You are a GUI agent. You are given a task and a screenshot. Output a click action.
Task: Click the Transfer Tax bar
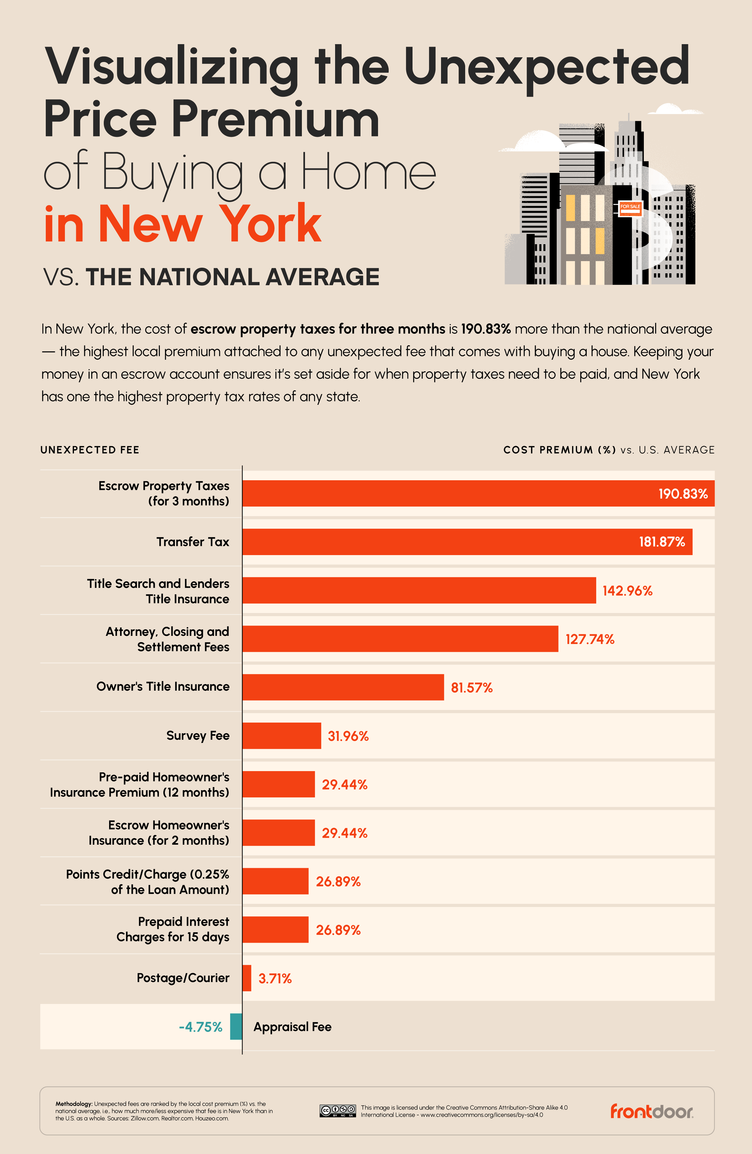pos(467,542)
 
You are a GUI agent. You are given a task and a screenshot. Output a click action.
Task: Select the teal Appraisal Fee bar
pos(236,1027)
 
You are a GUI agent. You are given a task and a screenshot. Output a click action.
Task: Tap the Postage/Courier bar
pos(247,978)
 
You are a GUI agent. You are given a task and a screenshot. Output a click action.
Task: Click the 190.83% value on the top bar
pos(683,494)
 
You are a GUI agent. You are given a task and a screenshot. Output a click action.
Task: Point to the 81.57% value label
pos(472,688)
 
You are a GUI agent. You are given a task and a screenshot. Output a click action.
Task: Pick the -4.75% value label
pos(200,1027)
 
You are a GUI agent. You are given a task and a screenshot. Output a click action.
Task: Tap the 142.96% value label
pos(627,590)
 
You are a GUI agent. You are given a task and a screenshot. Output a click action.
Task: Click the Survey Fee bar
pos(281,735)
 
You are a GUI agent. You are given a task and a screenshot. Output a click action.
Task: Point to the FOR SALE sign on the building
pos(630,208)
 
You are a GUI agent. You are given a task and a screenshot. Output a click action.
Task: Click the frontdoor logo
pos(651,1111)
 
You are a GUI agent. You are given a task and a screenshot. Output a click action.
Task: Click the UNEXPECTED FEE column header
pos(90,450)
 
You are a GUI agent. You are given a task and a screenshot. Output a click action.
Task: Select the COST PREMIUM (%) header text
pos(559,450)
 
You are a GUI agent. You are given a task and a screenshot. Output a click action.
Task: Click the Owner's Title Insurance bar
pos(343,687)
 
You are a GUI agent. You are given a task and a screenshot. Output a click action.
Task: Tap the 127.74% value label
pos(589,639)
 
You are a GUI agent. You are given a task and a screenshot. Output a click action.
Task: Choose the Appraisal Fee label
pos(292,1027)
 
